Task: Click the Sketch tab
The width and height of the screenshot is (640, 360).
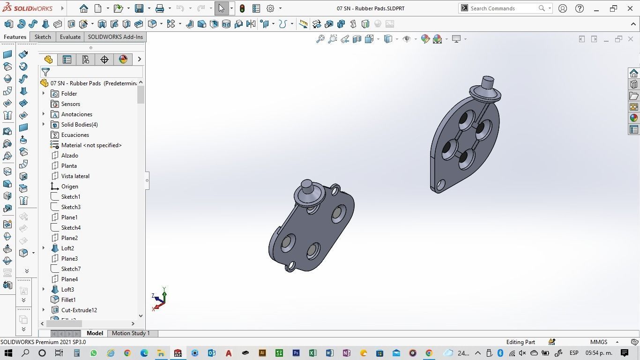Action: (x=43, y=37)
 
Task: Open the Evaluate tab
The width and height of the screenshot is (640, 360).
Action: (x=70, y=37)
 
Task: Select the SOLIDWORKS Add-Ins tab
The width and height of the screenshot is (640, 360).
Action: (x=115, y=37)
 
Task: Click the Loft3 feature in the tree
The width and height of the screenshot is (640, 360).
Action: (x=67, y=290)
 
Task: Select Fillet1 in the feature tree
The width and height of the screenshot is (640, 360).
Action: (x=68, y=300)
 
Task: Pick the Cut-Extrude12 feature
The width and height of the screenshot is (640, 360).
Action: (x=79, y=310)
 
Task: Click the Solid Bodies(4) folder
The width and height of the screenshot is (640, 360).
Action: (x=79, y=125)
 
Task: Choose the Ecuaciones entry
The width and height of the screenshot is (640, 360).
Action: (x=75, y=135)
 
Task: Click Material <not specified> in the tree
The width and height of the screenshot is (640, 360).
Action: (x=91, y=145)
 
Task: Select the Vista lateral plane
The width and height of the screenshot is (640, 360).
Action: (x=75, y=176)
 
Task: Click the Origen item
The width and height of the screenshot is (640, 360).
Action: (x=69, y=187)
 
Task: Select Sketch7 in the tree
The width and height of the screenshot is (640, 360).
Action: (x=71, y=269)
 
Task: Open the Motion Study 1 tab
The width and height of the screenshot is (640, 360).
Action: (x=131, y=333)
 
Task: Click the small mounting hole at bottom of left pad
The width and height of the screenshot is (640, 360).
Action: (x=291, y=267)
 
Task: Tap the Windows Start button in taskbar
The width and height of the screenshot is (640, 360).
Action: (x=8, y=353)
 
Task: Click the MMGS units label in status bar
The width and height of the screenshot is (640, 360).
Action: (x=599, y=342)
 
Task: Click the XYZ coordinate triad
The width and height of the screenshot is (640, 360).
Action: (x=159, y=299)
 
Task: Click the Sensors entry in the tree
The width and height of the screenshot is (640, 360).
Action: (x=70, y=104)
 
